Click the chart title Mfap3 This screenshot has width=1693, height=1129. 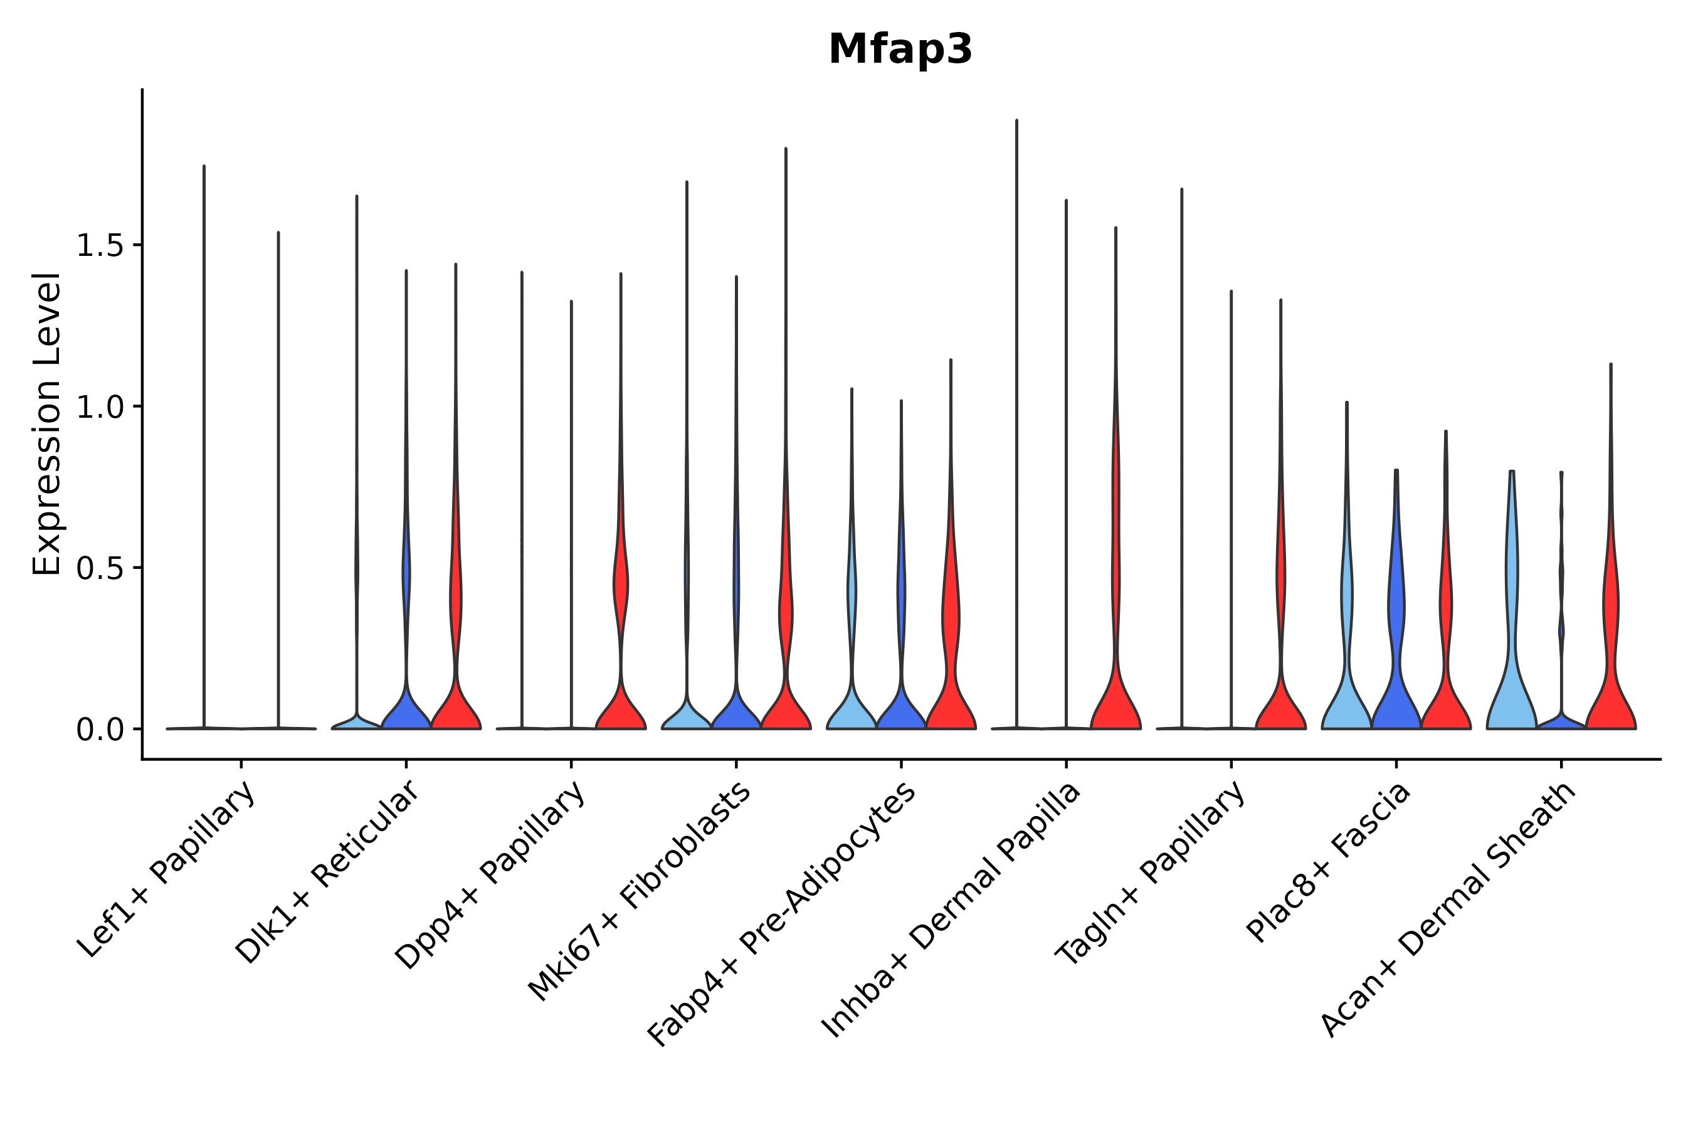[x=900, y=50]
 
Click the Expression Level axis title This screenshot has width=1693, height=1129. [x=48, y=424]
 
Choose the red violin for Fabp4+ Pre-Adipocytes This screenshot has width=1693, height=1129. [x=951, y=691]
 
